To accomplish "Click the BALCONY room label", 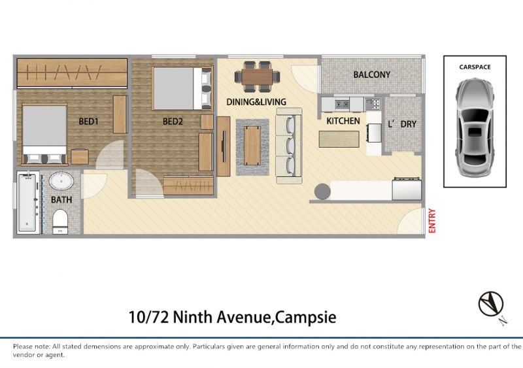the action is (371, 75).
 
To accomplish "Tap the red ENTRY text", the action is (432, 220).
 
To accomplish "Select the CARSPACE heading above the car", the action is (475, 67).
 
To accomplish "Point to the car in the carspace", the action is (475, 127).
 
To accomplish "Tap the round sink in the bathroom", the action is (61, 181).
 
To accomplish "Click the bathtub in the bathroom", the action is (28, 202).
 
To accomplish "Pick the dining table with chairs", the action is (257, 76).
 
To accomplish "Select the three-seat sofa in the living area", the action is (289, 146).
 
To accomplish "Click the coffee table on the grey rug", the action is (252, 146).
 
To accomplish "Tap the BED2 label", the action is (173, 122).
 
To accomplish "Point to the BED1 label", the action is (88, 122).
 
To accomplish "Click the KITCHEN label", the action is (343, 121).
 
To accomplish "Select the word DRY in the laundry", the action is (408, 124).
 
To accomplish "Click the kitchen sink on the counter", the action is (342, 105).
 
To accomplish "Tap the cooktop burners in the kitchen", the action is (373, 104).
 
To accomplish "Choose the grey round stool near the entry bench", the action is (322, 192).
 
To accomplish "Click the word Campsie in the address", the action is (306, 317).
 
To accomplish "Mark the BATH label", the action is (61, 200).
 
